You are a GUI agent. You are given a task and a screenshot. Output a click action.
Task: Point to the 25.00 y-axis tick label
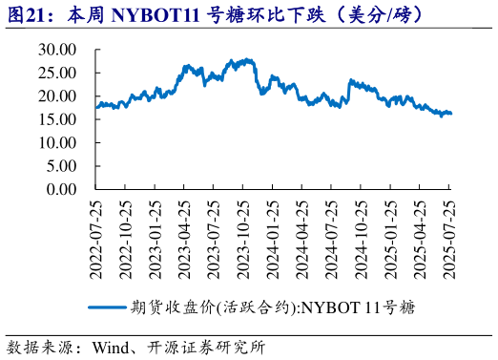(56, 74)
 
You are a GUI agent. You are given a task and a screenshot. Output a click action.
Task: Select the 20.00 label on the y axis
(56, 96)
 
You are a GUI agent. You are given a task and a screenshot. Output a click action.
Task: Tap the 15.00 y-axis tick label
(56, 119)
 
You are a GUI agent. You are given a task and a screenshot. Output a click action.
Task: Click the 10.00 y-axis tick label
(56, 142)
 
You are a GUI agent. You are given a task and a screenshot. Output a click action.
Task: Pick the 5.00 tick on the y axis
(60, 165)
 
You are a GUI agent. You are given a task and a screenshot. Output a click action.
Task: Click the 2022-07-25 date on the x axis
(96, 239)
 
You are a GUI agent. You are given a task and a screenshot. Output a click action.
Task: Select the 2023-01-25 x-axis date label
(156, 239)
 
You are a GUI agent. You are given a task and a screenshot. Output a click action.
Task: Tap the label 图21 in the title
(26, 15)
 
